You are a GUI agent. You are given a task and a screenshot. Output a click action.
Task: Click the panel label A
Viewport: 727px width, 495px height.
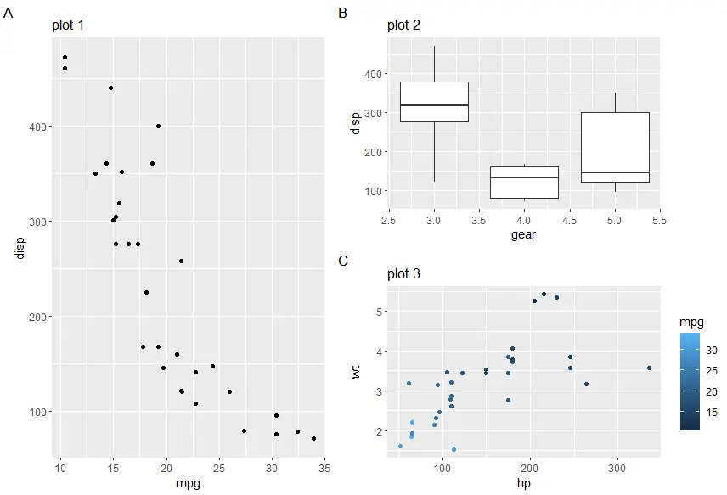click(8, 13)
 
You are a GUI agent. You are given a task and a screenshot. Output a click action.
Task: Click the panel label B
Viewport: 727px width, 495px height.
click(343, 13)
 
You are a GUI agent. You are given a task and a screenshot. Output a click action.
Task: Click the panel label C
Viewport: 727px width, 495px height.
click(343, 261)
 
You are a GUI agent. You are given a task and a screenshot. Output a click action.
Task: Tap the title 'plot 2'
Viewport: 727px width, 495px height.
click(403, 25)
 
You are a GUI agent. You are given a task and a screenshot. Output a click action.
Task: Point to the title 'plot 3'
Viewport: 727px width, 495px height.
click(403, 274)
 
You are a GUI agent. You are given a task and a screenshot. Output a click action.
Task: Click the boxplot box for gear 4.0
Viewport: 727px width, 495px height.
click(524, 183)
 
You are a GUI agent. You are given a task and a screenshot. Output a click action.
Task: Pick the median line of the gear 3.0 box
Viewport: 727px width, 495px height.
click(434, 105)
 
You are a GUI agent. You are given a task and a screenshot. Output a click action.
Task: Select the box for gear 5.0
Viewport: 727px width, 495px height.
click(614, 147)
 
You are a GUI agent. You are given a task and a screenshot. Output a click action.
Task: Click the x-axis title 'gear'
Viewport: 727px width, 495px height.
click(523, 235)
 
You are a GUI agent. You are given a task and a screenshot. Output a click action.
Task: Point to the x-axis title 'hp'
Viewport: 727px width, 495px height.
click(523, 484)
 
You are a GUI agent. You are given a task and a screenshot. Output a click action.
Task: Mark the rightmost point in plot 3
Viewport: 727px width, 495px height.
click(649, 368)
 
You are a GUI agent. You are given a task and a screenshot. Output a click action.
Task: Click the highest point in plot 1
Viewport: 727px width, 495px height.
click(65, 58)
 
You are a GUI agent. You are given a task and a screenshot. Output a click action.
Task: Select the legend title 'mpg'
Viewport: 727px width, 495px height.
click(691, 323)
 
